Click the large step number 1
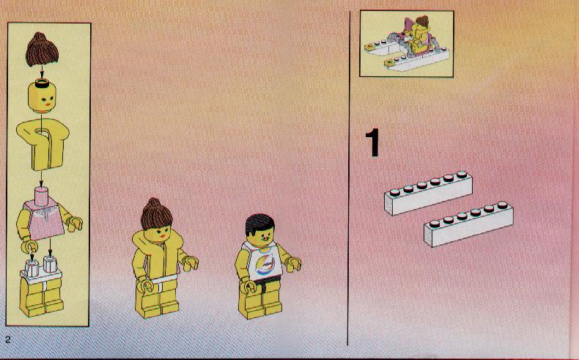[372, 142]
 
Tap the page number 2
[8, 339]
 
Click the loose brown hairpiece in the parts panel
[42, 49]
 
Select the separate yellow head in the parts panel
[42, 98]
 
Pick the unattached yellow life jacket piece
[43, 144]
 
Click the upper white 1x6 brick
[428, 193]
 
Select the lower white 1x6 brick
[468, 224]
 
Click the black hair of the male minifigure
[259, 224]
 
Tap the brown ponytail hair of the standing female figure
[156, 214]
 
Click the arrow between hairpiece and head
[42, 73]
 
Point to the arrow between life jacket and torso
[42, 178]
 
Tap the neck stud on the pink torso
[41, 194]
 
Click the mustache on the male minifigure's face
[264, 240]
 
